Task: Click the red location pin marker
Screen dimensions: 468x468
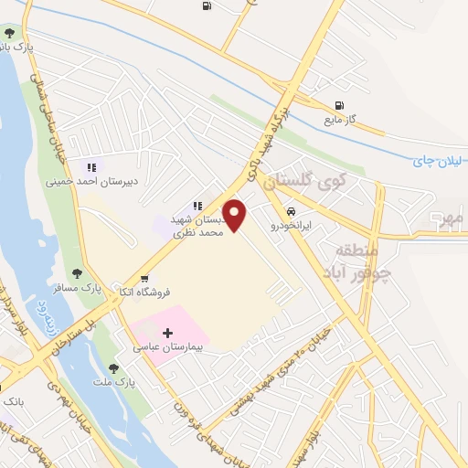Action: click(x=235, y=214)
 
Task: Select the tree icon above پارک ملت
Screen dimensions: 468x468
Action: click(x=113, y=367)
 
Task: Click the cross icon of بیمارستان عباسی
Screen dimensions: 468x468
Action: click(x=167, y=334)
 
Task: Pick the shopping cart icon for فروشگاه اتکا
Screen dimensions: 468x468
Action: click(x=144, y=278)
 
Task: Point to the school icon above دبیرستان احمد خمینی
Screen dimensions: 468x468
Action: click(x=90, y=167)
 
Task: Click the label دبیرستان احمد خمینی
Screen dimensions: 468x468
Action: click(x=91, y=181)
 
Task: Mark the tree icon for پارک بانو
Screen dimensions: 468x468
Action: click(x=8, y=34)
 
